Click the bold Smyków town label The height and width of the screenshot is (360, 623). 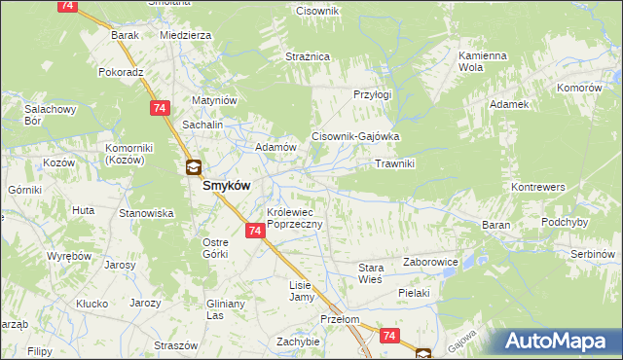tap(230, 185)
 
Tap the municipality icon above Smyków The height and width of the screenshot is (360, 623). tap(193, 167)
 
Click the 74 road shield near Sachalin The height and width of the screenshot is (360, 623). tap(158, 108)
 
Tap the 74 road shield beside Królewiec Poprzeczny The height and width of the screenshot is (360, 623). tap(254, 231)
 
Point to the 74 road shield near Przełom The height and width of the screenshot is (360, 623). tap(389, 336)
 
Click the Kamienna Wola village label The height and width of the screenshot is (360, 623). tap(484, 62)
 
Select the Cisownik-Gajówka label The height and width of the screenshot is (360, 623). tap(355, 137)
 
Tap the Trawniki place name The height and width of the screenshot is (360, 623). tap(395, 163)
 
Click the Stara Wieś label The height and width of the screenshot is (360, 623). tap(372, 272)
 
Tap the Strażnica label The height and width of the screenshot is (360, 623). tap(308, 57)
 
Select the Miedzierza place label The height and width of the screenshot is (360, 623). tap(185, 35)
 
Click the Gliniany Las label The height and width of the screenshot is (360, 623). tap(224, 309)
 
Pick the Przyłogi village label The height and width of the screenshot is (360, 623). tap(372, 94)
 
